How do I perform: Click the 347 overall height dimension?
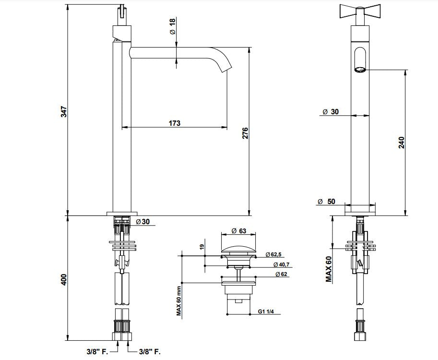pos(63,112)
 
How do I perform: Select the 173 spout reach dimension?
pos(175,123)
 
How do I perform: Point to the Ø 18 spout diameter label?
pos(173,26)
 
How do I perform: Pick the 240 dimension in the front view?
pos(402,142)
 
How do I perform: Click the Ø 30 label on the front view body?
pos(331,111)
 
